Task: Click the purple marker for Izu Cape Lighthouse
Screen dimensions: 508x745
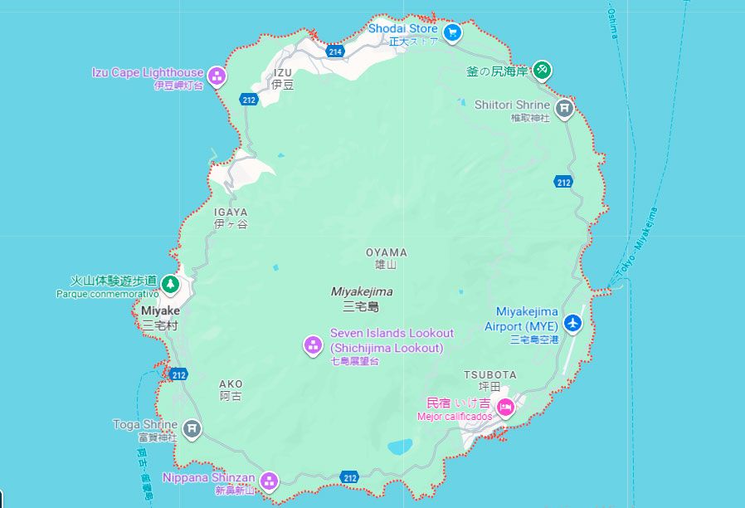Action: (x=217, y=77)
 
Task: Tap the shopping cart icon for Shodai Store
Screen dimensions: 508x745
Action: (x=452, y=33)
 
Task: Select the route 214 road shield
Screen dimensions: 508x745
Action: (x=335, y=51)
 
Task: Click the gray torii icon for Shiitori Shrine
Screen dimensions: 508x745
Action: (x=564, y=107)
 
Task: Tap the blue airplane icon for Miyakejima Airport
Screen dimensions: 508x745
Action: (x=572, y=322)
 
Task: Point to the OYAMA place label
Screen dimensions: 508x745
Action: (x=387, y=252)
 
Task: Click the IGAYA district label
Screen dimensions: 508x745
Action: (x=231, y=212)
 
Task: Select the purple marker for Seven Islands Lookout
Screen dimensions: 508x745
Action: (x=313, y=344)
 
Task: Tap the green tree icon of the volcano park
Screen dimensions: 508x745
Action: (x=170, y=285)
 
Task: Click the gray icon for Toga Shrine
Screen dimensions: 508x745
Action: (x=192, y=428)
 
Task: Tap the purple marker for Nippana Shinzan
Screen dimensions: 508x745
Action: (x=269, y=481)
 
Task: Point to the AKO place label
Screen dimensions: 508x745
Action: (x=231, y=384)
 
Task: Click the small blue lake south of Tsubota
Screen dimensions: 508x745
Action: (x=400, y=447)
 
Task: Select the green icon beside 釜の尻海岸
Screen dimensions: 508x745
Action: (x=542, y=70)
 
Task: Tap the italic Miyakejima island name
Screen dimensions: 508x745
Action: (x=362, y=291)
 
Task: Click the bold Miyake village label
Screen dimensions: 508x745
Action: (x=159, y=310)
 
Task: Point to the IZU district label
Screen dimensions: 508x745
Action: (x=283, y=73)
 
